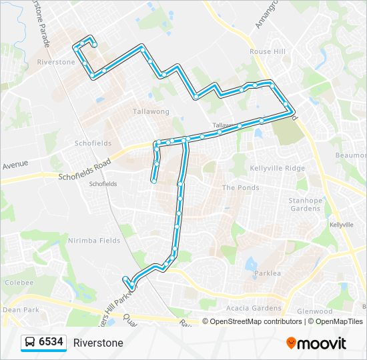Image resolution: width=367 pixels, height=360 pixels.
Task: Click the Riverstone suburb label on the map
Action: (57, 62)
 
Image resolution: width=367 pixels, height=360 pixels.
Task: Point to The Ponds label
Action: (240, 188)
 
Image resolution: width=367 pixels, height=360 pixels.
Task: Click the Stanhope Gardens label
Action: (306, 204)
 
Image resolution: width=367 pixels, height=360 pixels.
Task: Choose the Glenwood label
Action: (314, 311)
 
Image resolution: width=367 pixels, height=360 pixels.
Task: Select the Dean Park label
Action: (22, 309)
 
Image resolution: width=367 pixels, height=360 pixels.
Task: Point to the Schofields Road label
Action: (84, 170)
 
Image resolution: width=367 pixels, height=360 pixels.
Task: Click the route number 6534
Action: (51, 343)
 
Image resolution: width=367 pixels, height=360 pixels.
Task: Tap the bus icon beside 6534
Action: (30, 343)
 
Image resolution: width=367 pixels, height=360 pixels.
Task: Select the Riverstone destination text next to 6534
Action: (98, 343)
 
